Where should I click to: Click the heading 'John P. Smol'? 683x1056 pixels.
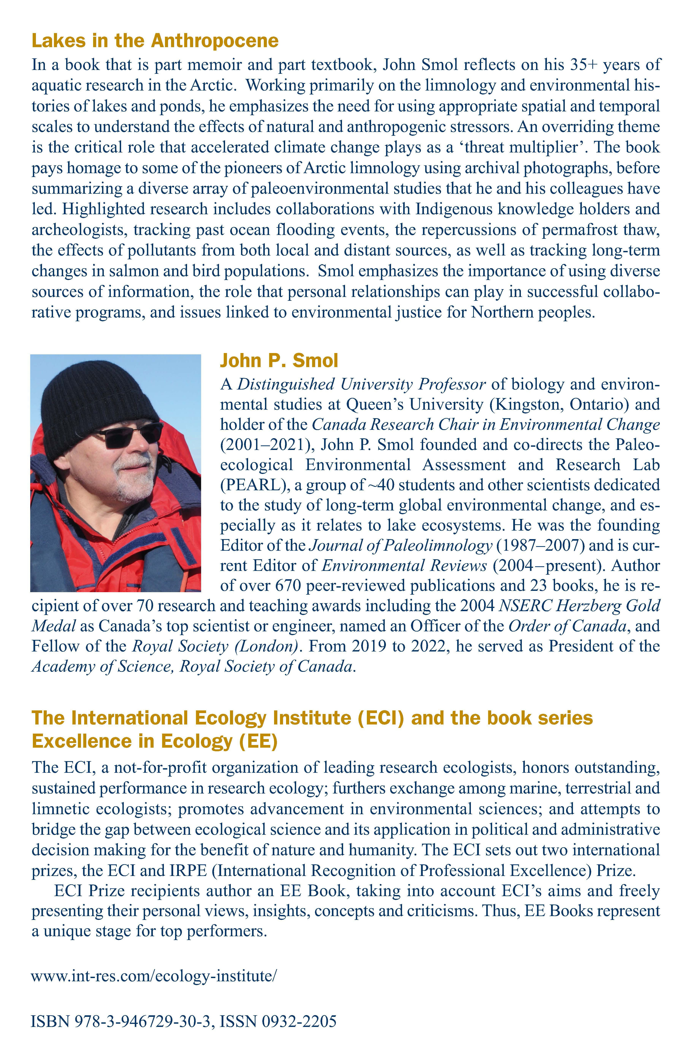pos(279,361)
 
